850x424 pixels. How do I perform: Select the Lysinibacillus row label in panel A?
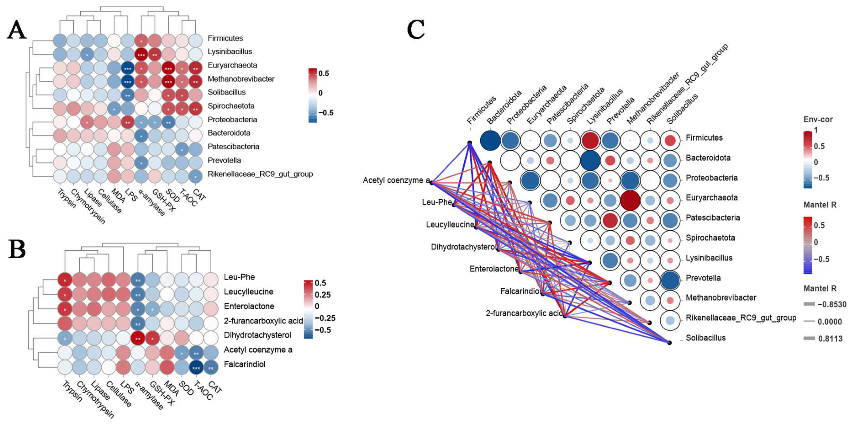click(230, 51)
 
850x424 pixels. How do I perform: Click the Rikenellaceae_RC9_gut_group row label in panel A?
click(260, 174)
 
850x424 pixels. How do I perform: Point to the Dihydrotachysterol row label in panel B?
click(257, 335)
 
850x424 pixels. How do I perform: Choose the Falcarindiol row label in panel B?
click(245, 364)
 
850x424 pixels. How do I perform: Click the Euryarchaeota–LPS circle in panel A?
click(127, 69)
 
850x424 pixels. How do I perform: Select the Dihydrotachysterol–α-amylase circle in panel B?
click(138, 339)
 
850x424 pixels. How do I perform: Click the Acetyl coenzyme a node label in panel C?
click(396, 180)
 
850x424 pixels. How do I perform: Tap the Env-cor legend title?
click(818, 119)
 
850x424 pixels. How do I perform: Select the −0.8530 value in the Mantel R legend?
click(832, 304)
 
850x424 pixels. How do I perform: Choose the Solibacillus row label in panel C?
click(705, 338)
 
